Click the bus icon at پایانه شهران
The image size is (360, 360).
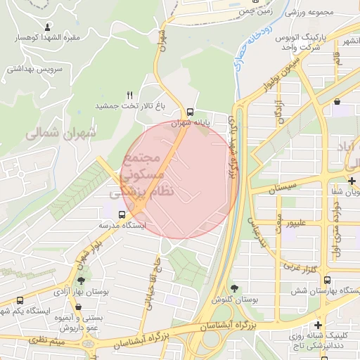(x=191, y=112)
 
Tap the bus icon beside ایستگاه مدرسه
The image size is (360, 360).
(x=122, y=214)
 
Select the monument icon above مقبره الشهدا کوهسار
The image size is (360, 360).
(x=48, y=27)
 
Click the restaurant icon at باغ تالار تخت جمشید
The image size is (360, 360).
(x=129, y=95)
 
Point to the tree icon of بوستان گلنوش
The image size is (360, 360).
(x=234, y=288)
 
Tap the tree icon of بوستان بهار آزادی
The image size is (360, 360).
(x=80, y=281)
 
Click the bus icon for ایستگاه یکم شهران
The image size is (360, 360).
(x=20, y=301)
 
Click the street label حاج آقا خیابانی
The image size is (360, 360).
(x=153, y=284)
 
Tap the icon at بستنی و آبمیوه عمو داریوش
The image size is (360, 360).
(x=77, y=308)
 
